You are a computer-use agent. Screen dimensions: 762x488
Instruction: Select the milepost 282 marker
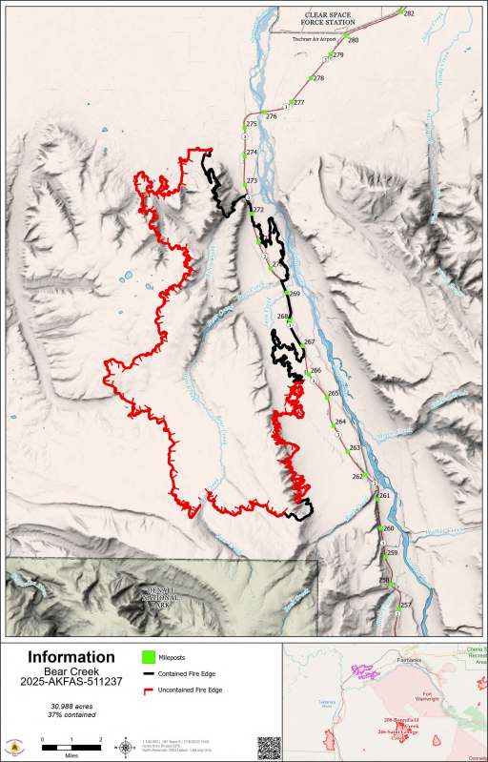tap(401, 11)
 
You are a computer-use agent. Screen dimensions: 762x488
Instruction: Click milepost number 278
tap(318, 78)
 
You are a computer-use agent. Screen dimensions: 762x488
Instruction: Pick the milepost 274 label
tap(252, 153)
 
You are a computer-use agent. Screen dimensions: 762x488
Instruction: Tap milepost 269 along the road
tap(294, 294)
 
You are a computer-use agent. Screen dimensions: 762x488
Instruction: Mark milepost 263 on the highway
tap(355, 447)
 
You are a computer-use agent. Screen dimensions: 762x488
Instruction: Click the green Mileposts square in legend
tap(148, 657)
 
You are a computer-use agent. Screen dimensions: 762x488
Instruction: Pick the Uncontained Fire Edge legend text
tap(192, 689)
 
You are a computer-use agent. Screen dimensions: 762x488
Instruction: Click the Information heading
tap(71, 657)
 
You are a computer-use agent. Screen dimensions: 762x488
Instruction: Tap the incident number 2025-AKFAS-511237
tap(71, 683)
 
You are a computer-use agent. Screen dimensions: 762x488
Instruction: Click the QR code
tap(269, 745)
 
